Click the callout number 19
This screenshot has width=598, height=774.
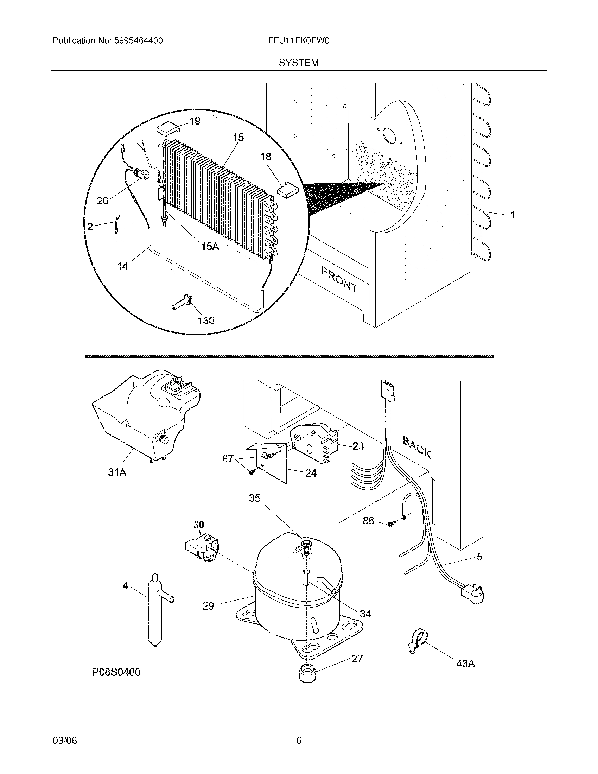195,121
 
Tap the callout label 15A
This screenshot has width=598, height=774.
210,246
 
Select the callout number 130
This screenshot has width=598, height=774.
206,321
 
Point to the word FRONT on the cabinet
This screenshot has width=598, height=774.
339,280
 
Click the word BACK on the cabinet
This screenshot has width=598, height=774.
416,447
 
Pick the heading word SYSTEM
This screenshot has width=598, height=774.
299,63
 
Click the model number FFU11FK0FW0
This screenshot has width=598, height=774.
299,41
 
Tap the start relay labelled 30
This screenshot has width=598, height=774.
201,550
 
